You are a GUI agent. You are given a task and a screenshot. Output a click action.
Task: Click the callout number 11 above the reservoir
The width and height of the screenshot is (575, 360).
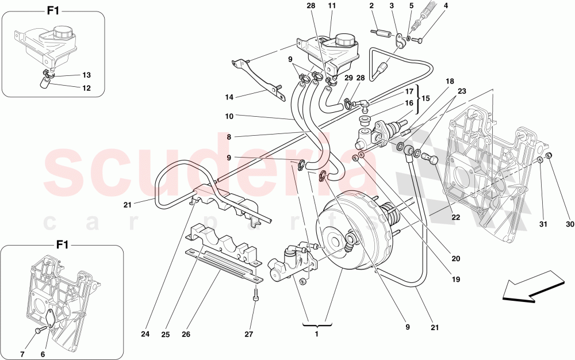coord(331,6)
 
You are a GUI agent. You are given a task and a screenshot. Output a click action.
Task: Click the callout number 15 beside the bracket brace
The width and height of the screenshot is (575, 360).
coord(426,98)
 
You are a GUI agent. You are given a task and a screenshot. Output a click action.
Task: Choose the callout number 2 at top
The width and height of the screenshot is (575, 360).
coord(372,6)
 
